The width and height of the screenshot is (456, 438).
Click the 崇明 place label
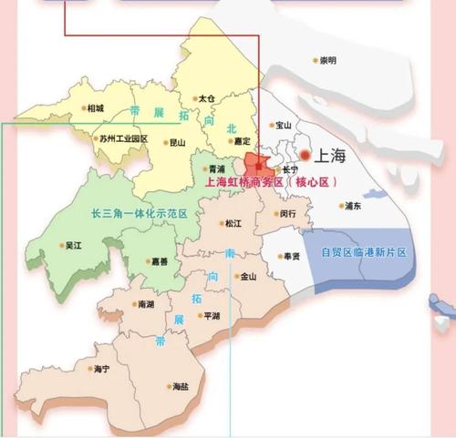tap(327, 61)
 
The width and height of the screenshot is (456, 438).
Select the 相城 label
tap(95, 108)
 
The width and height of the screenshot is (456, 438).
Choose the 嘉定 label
tap(241, 141)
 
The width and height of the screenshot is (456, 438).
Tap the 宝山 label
tap(283, 126)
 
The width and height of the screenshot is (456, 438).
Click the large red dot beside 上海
tap(306, 156)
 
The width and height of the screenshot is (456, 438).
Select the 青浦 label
tap(216, 169)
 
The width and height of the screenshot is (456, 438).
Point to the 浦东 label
tap(353, 207)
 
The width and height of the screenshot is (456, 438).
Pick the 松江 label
tap(233, 223)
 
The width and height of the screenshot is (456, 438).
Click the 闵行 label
tap(287, 214)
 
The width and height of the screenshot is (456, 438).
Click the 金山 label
tap(247, 277)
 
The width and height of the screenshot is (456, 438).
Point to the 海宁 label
tap(100, 369)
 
